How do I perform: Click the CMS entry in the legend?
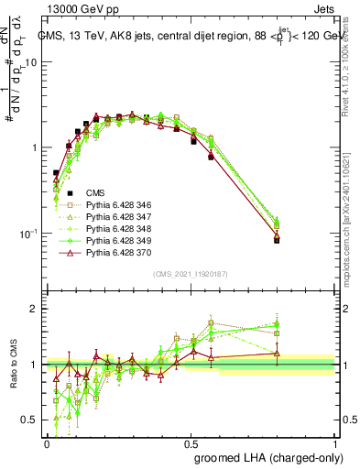[95, 192]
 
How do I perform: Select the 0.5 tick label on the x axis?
[191, 442]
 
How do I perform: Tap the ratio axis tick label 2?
[36, 309]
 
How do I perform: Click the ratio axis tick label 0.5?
[32, 420]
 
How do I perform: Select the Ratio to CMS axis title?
[13, 365]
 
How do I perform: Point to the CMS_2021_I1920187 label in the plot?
[191, 274]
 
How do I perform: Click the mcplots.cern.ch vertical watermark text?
[353, 220]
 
